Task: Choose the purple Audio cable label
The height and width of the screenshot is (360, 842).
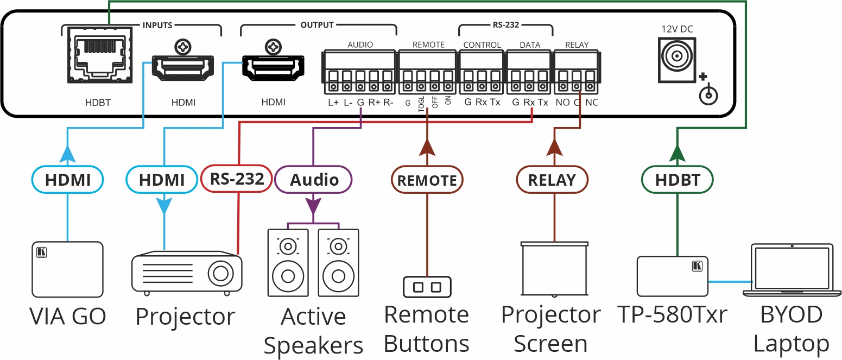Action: pos(314,180)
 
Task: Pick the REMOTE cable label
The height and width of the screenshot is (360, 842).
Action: pos(427,180)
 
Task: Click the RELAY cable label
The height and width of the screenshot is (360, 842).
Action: pos(552,180)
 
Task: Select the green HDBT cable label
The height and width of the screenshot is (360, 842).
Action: pos(677,180)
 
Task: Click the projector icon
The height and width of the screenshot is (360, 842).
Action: pos(187,272)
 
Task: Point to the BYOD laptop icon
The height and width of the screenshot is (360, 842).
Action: pos(792,270)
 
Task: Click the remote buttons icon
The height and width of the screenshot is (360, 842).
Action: pos(427,287)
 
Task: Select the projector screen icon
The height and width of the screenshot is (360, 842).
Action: pos(554,268)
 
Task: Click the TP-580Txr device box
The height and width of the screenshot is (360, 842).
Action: pos(672,276)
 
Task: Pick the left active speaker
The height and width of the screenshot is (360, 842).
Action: pos(288,262)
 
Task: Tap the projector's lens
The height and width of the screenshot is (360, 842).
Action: pos(221,273)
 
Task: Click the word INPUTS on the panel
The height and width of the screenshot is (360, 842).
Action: pos(157,25)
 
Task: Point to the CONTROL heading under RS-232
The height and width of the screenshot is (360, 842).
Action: pos(482,45)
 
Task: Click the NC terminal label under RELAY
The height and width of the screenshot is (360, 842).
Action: pos(592,102)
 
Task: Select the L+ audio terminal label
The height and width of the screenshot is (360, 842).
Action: pos(333,102)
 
